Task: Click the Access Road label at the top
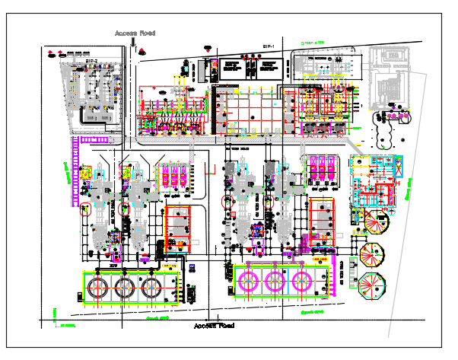(135, 33)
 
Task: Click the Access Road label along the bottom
(214, 326)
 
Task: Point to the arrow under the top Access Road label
(133, 43)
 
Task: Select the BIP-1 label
(268, 47)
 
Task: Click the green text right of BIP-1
(312, 43)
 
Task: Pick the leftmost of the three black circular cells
(97, 288)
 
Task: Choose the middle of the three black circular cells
(124, 288)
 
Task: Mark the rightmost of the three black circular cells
(151, 288)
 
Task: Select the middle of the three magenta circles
(275, 279)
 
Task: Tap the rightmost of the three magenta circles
(301, 279)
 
